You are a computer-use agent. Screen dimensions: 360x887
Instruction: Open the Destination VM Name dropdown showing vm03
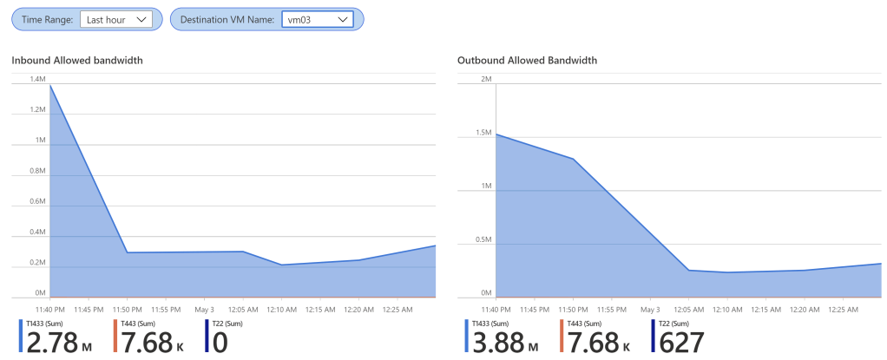pyautogui.click(x=318, y=19)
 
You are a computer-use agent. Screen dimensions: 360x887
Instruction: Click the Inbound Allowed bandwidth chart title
pyautogui.click(x=77, y=61)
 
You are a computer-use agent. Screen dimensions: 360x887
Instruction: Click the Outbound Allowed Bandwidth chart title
pyautogui.click(x=527, y=61)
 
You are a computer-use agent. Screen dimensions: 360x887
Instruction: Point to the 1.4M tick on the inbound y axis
pyautogui.click(x=37, y=79)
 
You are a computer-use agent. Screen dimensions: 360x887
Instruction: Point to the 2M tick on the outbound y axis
pyautogui.click(x=486, y=79)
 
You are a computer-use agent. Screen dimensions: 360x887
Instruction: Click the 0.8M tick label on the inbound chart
pyautogui.click(x=36, y=171)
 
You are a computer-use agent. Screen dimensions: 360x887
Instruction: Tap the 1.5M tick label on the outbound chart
pyautogui.click(x=484, y=134)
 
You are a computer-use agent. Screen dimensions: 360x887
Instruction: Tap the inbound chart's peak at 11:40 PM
pyautogui.click(x=50, y=85)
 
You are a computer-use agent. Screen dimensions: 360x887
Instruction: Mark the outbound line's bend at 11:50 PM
pyautogui.click(x=573, y=159)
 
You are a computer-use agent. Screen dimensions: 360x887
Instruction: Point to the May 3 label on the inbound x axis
pyautogui.click(x=205, y=309)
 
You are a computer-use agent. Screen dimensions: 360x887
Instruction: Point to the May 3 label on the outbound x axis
pyautogui.click(x=649, y=309)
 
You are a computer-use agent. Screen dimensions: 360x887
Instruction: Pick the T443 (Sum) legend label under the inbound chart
pyautogui.click(x=139, y=323)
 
